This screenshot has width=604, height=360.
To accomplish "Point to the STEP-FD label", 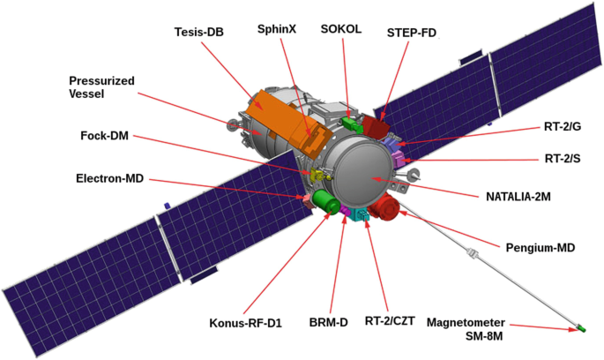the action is coord(412,34).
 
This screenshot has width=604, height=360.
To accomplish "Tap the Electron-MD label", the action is coord(111,180).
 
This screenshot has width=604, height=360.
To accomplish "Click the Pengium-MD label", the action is coord(538,248).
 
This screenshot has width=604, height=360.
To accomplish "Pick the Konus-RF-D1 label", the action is coord(246,322).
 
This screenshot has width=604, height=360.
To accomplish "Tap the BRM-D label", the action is coord(330,322).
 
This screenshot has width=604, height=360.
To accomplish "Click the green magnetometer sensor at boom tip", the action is coord(581,330).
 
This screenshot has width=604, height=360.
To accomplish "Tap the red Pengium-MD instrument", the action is coord(384,210).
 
